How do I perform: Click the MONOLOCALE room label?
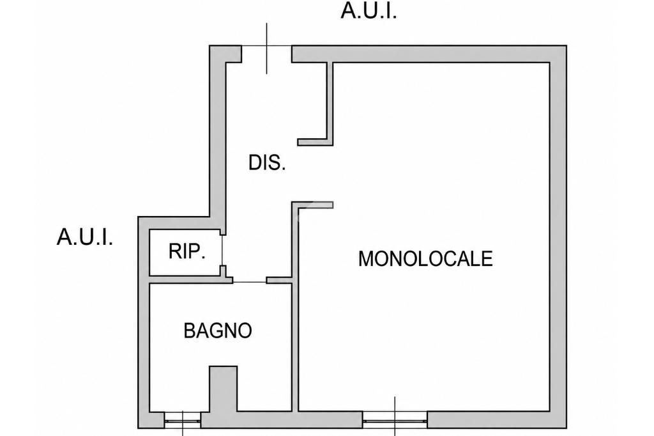[x=425, y=258]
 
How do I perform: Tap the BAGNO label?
[x=218, y=331]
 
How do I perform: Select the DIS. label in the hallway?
[x=267, y=162]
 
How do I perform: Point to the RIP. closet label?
[x=187, y=251]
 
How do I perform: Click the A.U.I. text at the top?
[x=369, y=11]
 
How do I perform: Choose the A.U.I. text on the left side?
[x=85, y=238]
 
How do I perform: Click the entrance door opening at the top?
[x=266, y=54]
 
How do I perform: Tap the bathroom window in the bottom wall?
[x=183, y=420]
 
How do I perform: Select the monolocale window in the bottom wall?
[x=395, y=420]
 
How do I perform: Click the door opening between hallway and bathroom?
[x=250, y=280]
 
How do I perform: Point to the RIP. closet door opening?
[x=223, y=250]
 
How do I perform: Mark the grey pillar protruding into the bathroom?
[x=223, y=389]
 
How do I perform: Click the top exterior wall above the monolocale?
[x=429, y=54]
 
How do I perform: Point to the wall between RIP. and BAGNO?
[x=185, y=279]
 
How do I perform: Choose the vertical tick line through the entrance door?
[x=267, y=49]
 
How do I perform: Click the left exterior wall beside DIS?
[x=217, y=138]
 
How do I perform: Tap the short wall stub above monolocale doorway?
[x=312, y=205]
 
